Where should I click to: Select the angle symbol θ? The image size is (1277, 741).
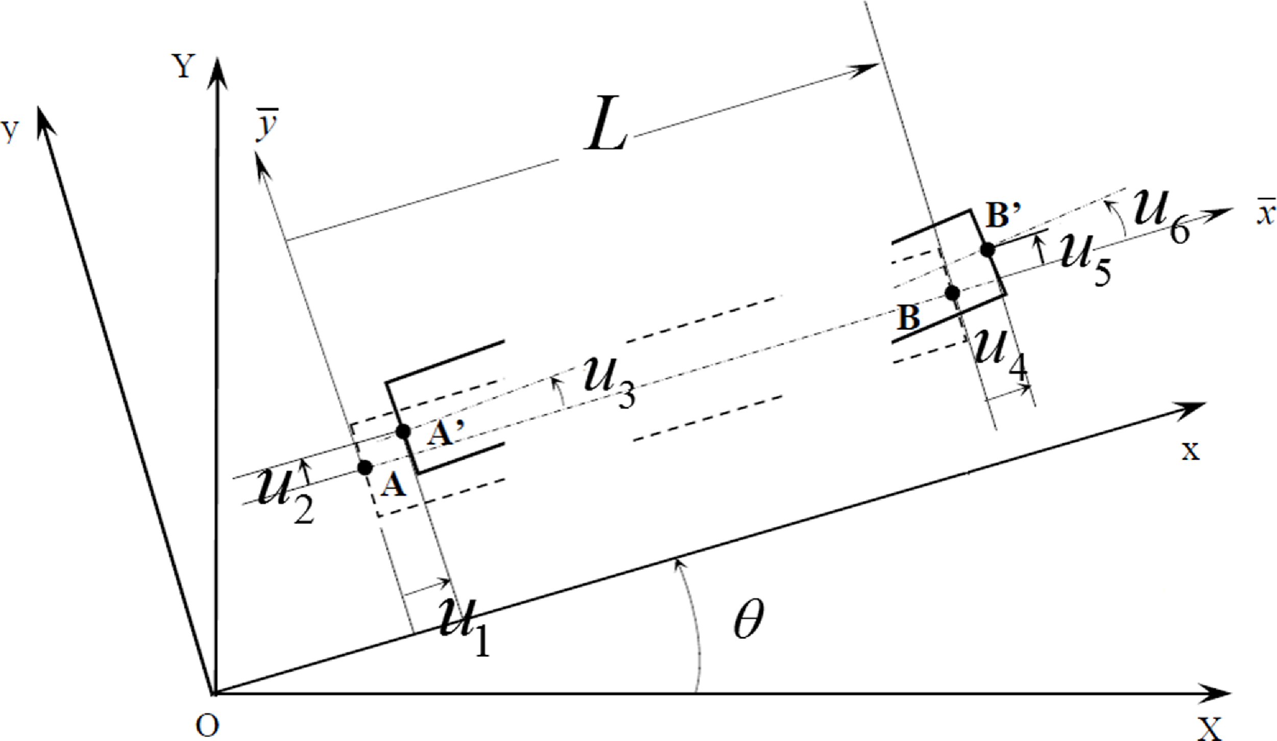749,619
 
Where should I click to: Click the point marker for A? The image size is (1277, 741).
365,467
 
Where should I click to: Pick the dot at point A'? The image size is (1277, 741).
403,432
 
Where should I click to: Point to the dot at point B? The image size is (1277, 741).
952,293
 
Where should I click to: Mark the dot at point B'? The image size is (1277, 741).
988,250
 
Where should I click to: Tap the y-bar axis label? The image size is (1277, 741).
268,124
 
